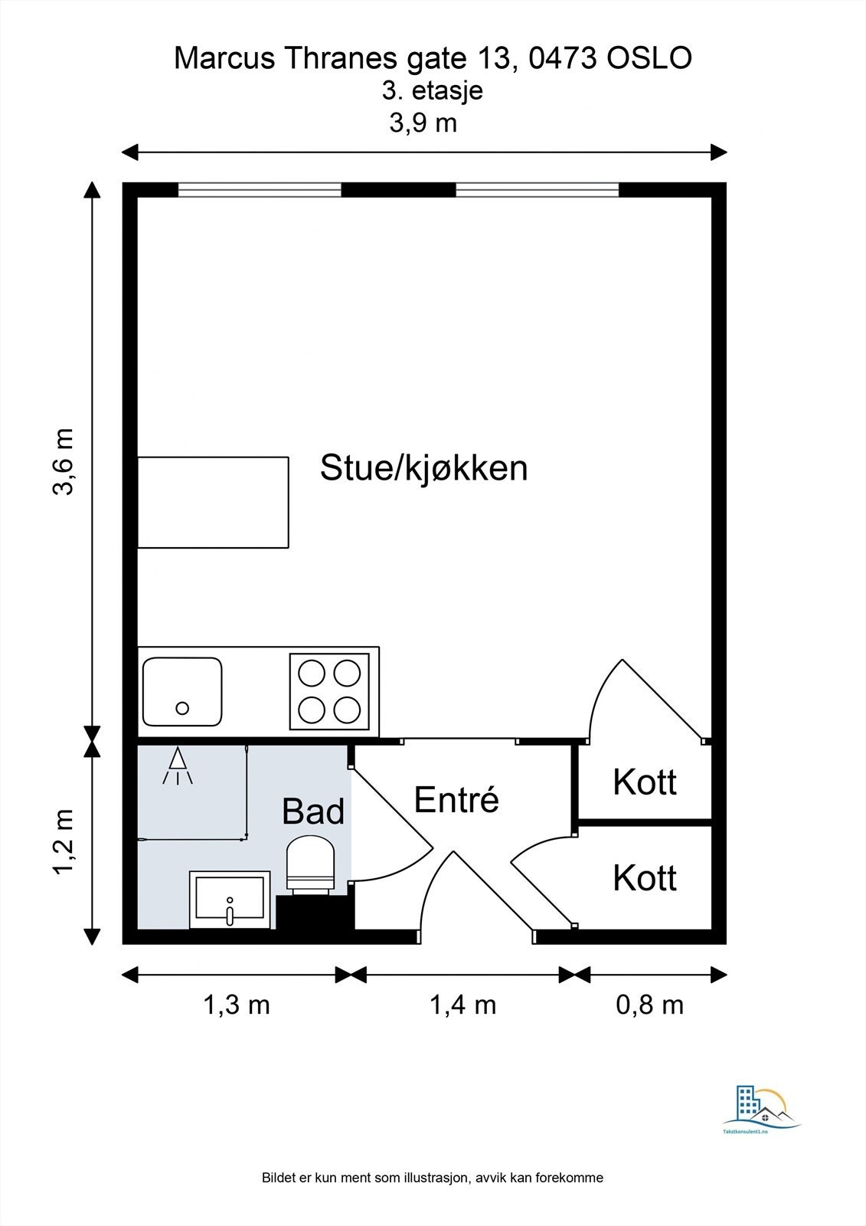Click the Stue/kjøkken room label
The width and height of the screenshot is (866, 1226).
(423, 468)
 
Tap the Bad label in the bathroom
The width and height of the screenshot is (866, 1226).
(313, 811)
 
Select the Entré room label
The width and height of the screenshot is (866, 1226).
(456, 800)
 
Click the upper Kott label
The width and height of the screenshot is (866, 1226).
(645, 782)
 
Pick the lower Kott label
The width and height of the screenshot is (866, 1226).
(645, 878)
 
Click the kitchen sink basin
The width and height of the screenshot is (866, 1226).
(182, 692)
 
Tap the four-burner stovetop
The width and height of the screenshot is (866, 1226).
(329, 691)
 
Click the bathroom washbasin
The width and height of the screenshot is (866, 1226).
(230, 900)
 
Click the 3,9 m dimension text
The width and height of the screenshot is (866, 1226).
(423, 123)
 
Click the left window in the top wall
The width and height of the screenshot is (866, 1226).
(260, 189)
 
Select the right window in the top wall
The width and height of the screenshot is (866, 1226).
(537, 189)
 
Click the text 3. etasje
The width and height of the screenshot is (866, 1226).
(433, 91)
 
